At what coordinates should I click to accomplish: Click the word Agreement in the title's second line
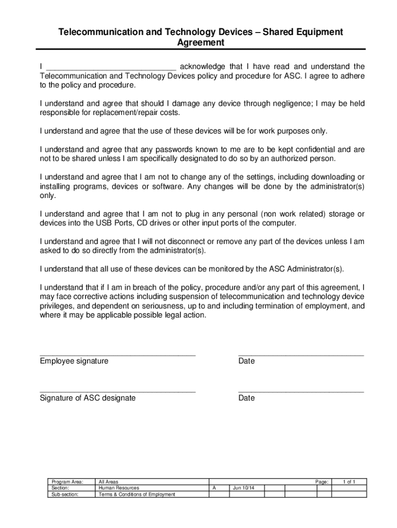[201, 43]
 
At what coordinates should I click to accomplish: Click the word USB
[111, 223]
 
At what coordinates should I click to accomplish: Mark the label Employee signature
[74, 361]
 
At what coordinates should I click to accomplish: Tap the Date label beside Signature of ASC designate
[246, 399]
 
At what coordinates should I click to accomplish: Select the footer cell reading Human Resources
[119, 488]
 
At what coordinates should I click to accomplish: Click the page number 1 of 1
[349, 482]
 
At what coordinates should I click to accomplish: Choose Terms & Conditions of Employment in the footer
[137, 494]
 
